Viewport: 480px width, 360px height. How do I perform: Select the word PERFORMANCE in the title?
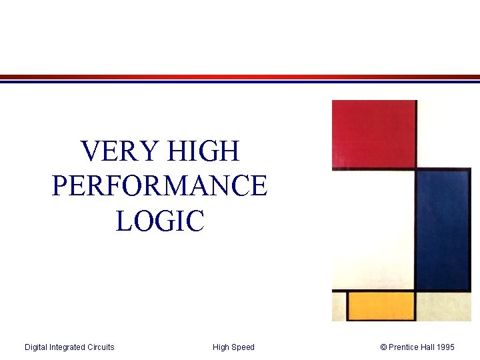[159, 186]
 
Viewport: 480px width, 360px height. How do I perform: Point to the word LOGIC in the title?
[159, 221]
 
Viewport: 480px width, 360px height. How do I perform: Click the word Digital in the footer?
[37, 347]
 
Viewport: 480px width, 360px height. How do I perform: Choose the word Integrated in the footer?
[68, 347]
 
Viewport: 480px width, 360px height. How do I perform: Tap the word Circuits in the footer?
[101, 347]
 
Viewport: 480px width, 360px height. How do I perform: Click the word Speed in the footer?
[243, 347]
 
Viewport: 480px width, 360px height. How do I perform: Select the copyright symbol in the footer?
[383, 347]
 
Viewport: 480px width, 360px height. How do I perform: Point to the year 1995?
[446, 347]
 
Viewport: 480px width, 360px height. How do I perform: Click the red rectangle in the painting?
[374, 133]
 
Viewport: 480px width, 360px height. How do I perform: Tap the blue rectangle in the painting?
[443, 229]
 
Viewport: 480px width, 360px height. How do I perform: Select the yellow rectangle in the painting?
[381, 306]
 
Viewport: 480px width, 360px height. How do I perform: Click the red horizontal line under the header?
[240, 77]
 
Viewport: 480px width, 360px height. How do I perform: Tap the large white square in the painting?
[373, 230]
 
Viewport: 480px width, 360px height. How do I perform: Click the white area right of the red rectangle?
[444, 133]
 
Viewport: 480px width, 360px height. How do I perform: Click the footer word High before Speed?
[221, 347]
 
